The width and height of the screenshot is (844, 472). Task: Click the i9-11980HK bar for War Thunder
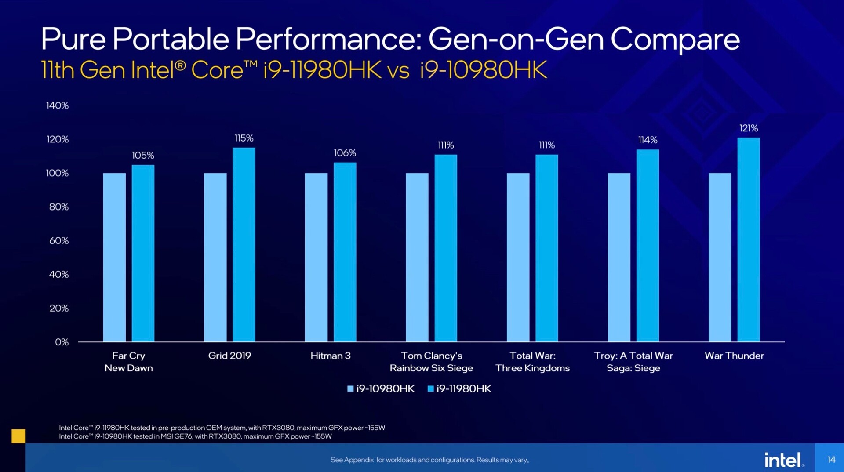(748, 240)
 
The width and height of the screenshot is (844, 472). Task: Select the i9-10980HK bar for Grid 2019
(215, 257)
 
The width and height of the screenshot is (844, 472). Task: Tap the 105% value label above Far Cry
(143, 155)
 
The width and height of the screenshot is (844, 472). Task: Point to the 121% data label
(748, 128)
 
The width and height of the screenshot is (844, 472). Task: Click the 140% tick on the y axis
(58, 105)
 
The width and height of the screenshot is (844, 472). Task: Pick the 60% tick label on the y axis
(59, 240)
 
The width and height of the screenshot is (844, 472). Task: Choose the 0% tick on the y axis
(62, 342)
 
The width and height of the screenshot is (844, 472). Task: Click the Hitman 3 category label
(330, 356)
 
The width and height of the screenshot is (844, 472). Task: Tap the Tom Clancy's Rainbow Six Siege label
(431, 362)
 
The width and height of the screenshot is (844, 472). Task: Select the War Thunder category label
(734, 356)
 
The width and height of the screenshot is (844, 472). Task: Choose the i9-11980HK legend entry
(459, 388)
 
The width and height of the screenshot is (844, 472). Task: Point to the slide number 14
(831, 460)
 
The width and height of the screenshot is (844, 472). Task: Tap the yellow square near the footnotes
(18, 436)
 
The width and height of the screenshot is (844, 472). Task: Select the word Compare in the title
(675, 40)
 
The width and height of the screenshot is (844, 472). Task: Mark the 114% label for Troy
(648, 140)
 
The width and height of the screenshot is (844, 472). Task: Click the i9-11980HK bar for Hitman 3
(345, 252)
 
